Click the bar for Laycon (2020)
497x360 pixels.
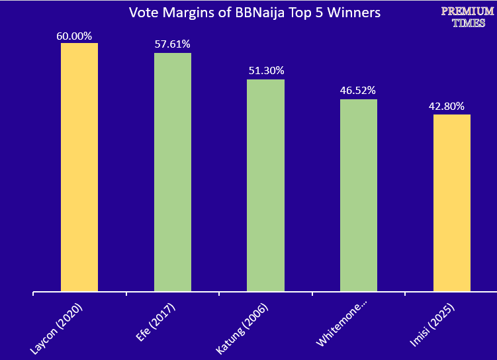(x=79, y=167)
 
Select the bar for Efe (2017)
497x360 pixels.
(x=173, y=172)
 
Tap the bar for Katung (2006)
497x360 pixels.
(x=265, y=185)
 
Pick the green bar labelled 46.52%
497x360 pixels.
(x=359, y=195)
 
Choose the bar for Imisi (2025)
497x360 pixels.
(x=452, y=202)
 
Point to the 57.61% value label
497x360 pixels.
(x=172, y=44)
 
